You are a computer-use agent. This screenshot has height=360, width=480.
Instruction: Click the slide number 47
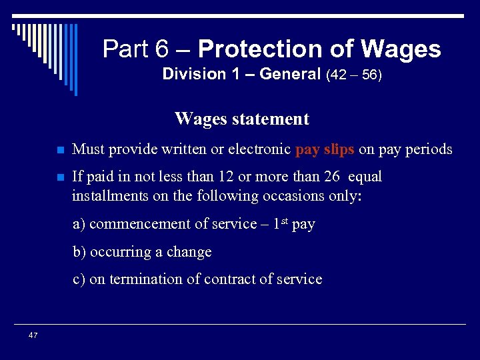(x=33, y=335)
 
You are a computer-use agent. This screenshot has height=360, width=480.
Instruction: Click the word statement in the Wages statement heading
(x=271, y=119)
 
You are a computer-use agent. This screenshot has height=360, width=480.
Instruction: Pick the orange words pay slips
(x=325, y=149)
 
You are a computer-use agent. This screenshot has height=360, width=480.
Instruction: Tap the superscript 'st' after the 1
(x=283, y=221)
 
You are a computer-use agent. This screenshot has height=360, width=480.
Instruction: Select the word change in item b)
(x=189, y=252)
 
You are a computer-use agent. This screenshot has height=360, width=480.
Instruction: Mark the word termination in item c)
(x=144, y=279)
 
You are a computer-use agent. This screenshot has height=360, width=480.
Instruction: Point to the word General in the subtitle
(x=290, y=75)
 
